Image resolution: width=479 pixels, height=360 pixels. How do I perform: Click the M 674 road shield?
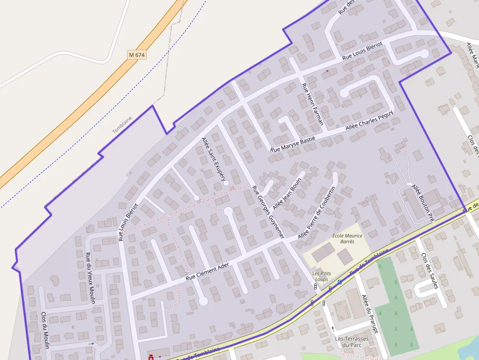coord(137,55)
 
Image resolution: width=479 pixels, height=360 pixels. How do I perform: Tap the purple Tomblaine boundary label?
coord(122,125)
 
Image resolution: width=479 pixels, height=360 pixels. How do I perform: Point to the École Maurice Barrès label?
coord(347,238)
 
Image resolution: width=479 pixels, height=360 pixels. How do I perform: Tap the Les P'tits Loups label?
coord(321,276)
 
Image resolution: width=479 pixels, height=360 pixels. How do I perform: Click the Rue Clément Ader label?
coord(207,272)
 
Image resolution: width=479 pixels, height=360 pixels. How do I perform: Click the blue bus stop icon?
coord(340,282)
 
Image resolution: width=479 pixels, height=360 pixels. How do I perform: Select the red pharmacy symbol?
coord(151,358)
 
